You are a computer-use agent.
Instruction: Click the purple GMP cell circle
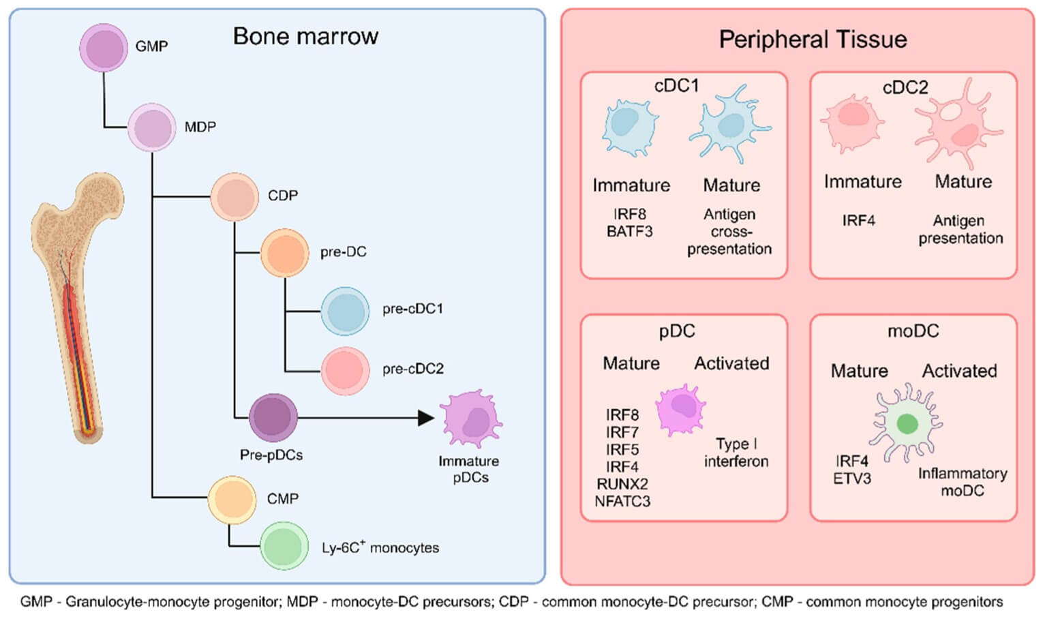click(x=104, y=48)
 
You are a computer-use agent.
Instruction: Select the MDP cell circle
click(x=151, y=127)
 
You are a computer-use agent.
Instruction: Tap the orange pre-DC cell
click(x=284, y=253)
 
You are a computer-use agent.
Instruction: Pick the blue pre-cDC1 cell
click(x=345, y=311)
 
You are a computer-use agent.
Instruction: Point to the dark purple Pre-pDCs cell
click(x=273, y=417)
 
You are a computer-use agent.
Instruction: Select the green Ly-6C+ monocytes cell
click(x=284, y=546)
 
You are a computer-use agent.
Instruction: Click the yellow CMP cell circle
click(x=232, y=499)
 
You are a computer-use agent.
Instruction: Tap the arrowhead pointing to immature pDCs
click(x=425, y=417)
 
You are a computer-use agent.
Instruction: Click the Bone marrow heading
click(x=305, y=36)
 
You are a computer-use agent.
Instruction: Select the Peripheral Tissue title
click(x=813, y=40)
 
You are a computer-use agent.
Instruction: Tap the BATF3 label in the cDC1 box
click(x=629, y=232)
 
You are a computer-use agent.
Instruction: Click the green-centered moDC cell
click(x=906, y=423)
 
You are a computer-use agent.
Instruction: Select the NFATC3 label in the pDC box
click(x=622, y=502)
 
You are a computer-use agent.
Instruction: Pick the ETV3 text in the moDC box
click(x=851, y=479)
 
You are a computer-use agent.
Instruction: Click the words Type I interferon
click(x=736, y=453)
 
